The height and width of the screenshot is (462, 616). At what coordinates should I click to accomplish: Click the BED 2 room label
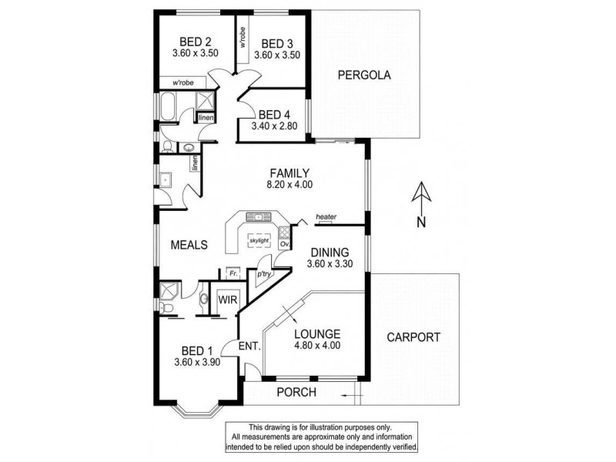coord(196,42)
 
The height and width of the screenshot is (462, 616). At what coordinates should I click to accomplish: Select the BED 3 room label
coord(276,43)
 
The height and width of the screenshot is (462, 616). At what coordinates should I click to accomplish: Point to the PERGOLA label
coord(365,75)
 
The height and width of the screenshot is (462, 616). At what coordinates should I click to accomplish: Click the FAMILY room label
coord(290,172)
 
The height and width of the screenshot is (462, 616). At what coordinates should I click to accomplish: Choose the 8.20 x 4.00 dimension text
coord(290,185)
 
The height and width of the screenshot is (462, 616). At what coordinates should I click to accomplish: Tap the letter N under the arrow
coord(420,223)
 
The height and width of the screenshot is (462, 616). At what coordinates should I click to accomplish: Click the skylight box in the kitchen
coord(259,240)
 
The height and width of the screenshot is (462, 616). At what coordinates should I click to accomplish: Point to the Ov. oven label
coord(284,245)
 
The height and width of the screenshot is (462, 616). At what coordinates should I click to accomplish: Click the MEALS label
coord(189,245)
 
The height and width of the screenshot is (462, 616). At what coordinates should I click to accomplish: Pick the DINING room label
coord(330,252)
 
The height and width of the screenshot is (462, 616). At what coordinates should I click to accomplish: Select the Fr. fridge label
coord(231,273)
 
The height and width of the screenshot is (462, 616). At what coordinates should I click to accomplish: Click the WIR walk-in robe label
coord(227,300)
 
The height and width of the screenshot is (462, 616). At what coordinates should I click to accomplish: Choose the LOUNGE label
coord(317,333)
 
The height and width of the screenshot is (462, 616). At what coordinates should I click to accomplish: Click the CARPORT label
coord(413,336)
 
